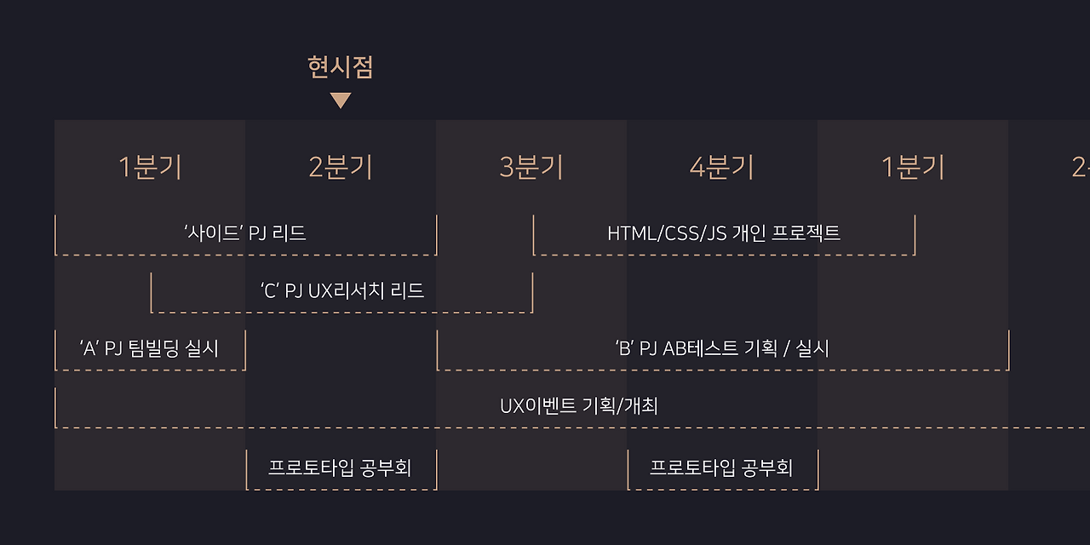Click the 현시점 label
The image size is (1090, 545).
(x=341, y=67)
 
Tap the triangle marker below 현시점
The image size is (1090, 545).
(x=341, y=100)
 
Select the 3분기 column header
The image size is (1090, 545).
(x=531, y=168)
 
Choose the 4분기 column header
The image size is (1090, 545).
(x=722, y=168)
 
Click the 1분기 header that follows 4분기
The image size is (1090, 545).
(x=913, y=168)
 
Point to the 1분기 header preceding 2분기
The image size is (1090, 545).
(x=150, y=168)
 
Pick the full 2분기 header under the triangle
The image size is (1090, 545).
(x=341, y=168)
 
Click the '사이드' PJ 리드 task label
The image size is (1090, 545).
(x=245, y=232)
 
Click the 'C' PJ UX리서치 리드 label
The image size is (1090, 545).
(x=342, y=290)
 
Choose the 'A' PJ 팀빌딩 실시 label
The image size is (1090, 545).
(x=149, y=348)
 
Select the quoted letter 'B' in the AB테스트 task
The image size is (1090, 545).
(x=622, y=348)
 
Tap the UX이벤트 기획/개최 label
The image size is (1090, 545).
(x=579, y=406)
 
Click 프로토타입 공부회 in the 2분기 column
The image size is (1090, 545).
(x=340, y=468)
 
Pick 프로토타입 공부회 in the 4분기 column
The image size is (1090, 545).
(x=721, y=468)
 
